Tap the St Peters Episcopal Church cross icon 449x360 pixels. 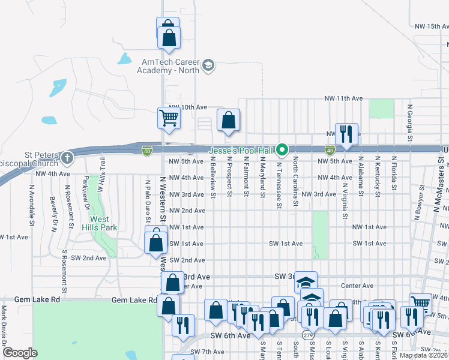[x=67, y=159]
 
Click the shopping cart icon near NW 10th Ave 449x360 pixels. [x=169, y=118]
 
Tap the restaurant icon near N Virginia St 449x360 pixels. [x=346, y=133]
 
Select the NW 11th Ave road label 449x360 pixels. [x=343, y=98]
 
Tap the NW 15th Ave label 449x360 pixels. [x=432, y=26]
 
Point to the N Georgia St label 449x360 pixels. [x=409, y=119]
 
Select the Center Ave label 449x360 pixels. [x=357, y=286]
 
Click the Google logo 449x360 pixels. [x=20, y=352]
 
